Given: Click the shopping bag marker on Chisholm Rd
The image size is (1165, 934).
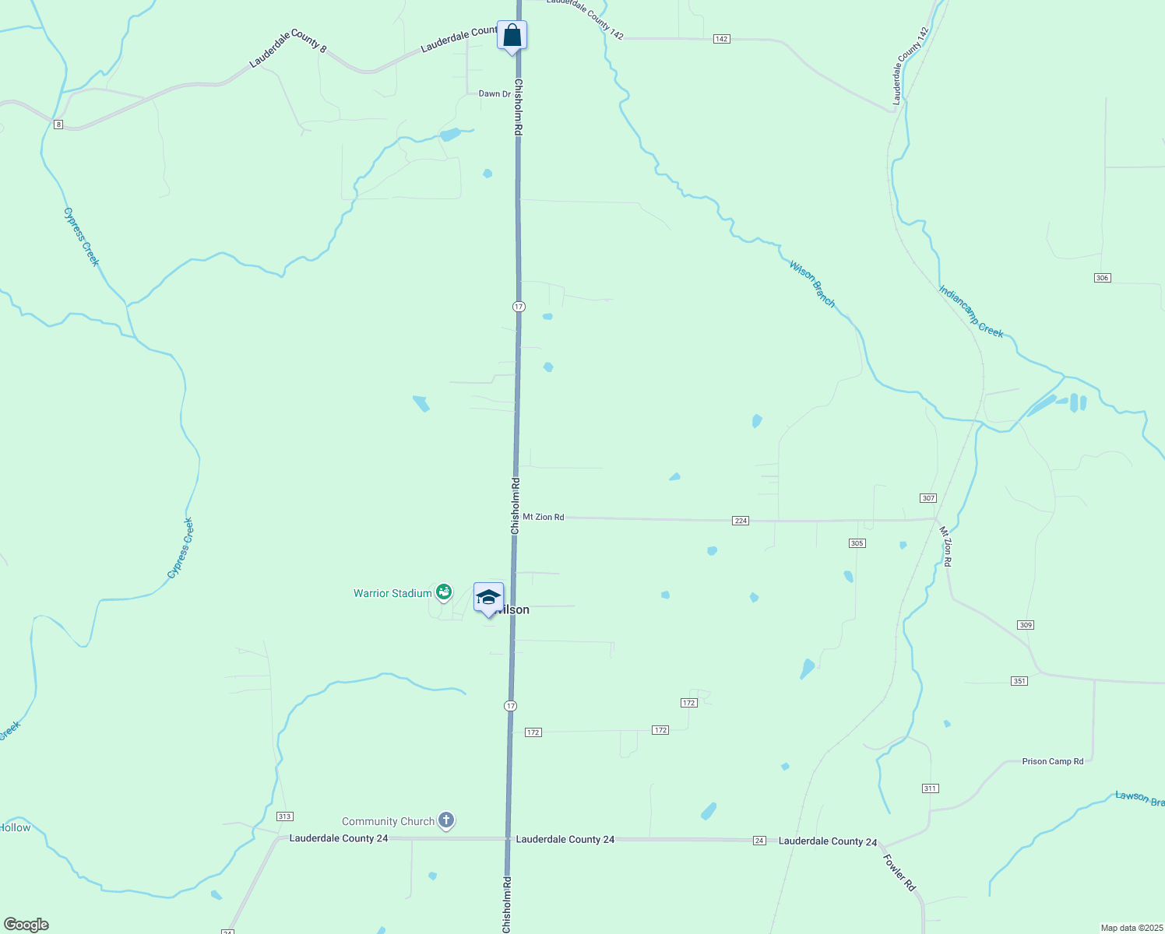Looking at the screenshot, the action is [x=512, y=36].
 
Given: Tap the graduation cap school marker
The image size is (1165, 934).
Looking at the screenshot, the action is [x=488, y=598].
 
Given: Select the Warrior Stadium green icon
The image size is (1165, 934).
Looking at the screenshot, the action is [x=444, y=593].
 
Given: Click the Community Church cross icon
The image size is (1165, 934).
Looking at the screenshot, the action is [x=445, y=820].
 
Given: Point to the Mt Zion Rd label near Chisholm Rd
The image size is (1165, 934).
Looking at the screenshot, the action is [x=543, y=517].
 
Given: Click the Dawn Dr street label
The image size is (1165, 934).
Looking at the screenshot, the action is [x=495, y=94].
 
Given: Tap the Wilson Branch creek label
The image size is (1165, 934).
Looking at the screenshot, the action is [x=812, y=283].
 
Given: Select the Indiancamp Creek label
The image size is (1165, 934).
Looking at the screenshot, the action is [x=971, y=311].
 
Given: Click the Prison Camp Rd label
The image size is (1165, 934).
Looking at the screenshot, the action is [x=1052, y=761].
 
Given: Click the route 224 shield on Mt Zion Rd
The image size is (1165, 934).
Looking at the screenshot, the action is [x=741, y=521].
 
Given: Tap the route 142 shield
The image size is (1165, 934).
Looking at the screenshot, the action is [x=722, y=39].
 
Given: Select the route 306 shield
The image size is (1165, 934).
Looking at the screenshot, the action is [x=1102, y=278].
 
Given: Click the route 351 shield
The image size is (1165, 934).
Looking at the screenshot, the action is [x=1019, y=681].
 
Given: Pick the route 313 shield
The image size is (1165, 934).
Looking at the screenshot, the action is [x=284, y=816].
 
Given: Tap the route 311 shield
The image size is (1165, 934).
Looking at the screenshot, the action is [x=930, y=788].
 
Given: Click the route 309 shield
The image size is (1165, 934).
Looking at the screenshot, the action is [x=1025, y=625].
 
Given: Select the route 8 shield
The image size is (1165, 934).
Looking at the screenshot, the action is [x=58, y=125].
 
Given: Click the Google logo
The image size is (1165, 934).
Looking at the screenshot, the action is [x=26, y=925].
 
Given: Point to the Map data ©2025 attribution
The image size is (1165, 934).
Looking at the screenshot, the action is [x=1131, y=928].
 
